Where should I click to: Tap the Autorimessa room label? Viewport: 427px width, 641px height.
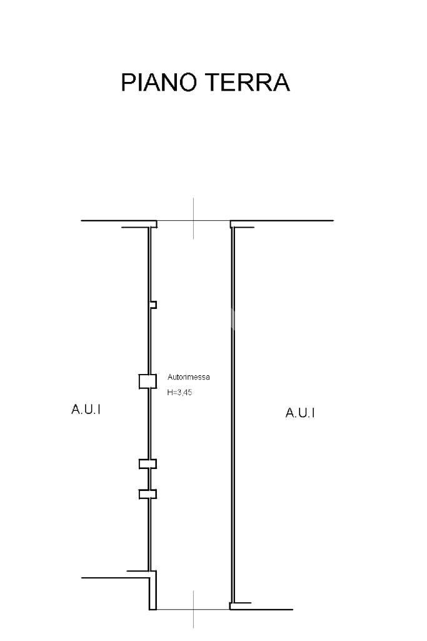click(x=189, y=377)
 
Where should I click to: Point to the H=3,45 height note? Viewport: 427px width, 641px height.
click(x=179, y=393)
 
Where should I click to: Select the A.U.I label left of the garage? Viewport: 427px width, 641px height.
click(x=86, y=410)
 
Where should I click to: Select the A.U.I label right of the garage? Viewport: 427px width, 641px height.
click(x=300, y=413)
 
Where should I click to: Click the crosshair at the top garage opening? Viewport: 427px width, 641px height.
click(x=193, y=221)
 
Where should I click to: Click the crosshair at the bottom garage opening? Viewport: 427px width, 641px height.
click(x=193, y=608)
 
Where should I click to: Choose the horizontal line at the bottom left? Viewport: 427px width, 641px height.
click(x=113, y=577)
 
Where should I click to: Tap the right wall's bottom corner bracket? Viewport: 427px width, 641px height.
click(x=240, y=605)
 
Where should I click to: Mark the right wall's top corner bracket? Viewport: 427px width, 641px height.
click(x=243, y=227)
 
